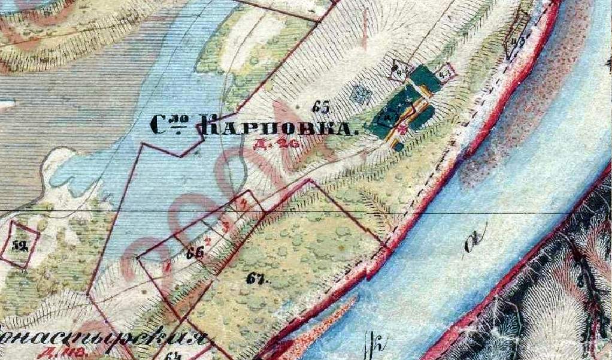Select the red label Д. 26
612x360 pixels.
(286, 143)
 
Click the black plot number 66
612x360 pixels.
(193, 253)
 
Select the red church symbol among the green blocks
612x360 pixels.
(402, 127)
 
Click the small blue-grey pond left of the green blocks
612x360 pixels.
(360, 93)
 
